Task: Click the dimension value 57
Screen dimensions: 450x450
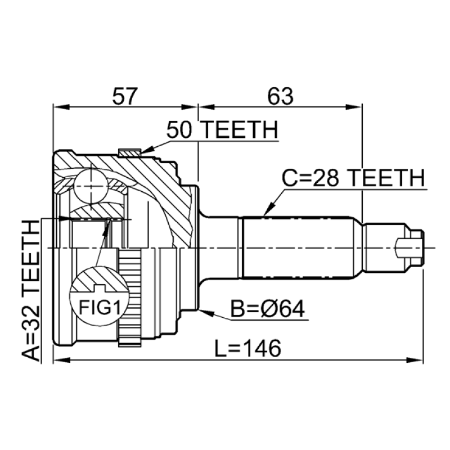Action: [124, 97]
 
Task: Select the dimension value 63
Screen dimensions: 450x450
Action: [280, 97]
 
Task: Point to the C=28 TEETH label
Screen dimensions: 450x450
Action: [353, 179]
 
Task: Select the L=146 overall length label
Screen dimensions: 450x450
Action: [247, 349]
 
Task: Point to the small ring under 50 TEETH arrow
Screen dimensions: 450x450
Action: [129, 152]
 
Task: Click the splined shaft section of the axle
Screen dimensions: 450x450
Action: [298, 247]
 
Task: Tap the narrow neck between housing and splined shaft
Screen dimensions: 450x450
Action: [219, 247]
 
